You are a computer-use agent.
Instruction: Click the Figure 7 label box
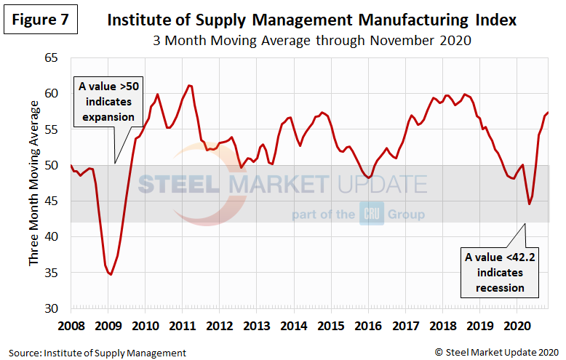pyautogui.click(x=41, y=20)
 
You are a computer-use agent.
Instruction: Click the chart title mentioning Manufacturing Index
pyautogui.click(x=311, y=20)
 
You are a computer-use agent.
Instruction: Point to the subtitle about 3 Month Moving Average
pyautogui.click(x=311, y=41)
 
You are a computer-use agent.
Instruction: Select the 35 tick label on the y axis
pyautogui.click(x=57, y=273)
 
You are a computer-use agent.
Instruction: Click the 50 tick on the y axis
pyautogui.click(x=57, y=165)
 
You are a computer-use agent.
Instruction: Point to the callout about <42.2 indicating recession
pyautogui.click(x=500, y=272)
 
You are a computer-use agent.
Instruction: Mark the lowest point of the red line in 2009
pyautogui.click(x=110, y=274)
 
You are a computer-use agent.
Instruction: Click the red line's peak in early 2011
pyautogui.click(x=189, y=86)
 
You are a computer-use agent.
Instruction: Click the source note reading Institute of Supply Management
pyautogui.click(x=97, y=353)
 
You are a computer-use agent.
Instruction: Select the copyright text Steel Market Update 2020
pyautogui.click(x=497, y=353)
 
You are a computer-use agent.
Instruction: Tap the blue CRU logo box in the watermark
pyautogui.click(x=371, y=215)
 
